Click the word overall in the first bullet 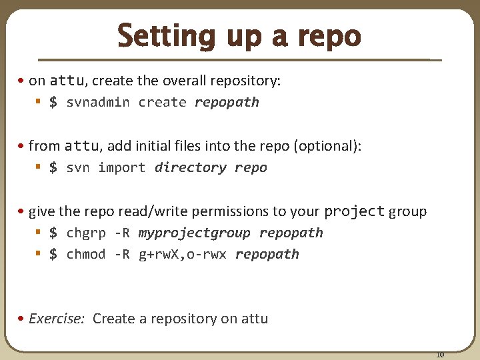pyautogui.click(x=185, y=81)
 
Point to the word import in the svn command pyautogui.click(x=121, y=167)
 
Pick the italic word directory pyautogui.click(x=190, y=167)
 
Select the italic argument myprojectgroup pyautogui.click(x=194, y=233)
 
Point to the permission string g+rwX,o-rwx pyautogui.click(x=182, y=254)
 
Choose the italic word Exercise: pyautogui.click(x=57, y=319)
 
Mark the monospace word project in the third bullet pyautogui.click(x=354, y=211)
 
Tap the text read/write pyautogui.click(x=151, y=212)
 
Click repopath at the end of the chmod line pyautogui.click(x=267, y=254)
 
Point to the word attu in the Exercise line pyautogui.click(x=253, y=319)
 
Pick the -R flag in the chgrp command pyautogui.click(x=122, y=233)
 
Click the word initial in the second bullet pyautogui.click(x=170, y=146)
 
